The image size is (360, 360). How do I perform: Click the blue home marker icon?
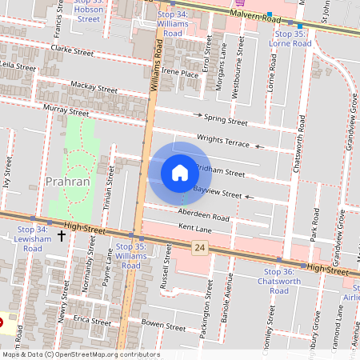click(180, 172)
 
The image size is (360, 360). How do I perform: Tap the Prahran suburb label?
click(68, 181)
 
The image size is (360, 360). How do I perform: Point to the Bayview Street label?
click(218, 193)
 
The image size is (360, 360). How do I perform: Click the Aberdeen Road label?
click(204, 217)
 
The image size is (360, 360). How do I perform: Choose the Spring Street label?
click(226, 121)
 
